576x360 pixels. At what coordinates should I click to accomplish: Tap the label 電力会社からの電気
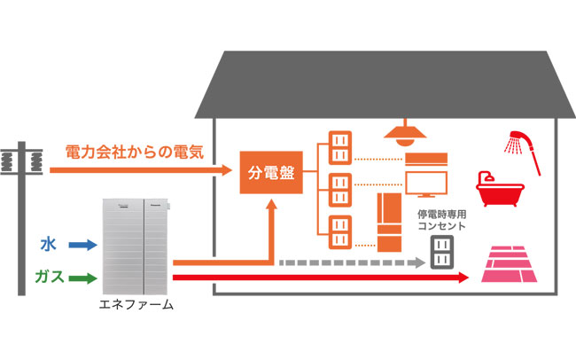pyautogui.click(x=135, y=151)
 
